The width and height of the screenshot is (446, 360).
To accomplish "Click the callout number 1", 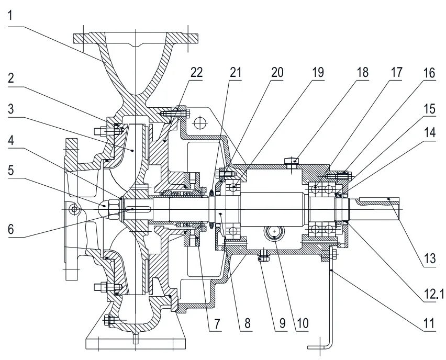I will (x=12, y=15).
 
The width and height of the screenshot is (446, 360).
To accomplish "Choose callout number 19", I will (x=318, y=72).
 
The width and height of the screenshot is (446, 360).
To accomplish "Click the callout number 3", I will (x=12, y=110).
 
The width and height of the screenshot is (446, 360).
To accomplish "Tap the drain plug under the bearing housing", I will (x=263, y=256).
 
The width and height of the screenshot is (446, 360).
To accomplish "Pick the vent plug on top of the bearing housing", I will (x=291, y=161).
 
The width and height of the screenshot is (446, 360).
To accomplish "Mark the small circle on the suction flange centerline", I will (x=74, y=210).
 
